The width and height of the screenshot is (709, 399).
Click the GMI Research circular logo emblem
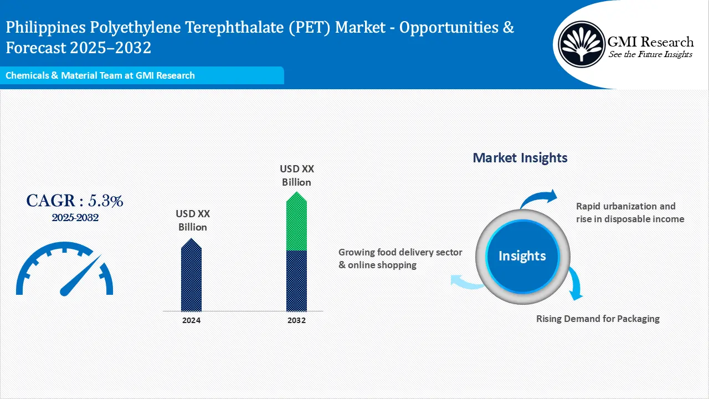click(581, 44)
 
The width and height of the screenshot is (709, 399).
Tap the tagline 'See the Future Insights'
click(650, 54)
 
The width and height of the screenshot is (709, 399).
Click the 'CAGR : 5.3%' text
click(75, 201)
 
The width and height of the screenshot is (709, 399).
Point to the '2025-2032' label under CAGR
click(75, 218)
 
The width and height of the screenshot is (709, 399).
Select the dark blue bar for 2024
click(191, 277)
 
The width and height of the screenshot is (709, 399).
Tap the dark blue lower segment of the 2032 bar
click(296, 280)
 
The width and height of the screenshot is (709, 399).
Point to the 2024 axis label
click(191, 320)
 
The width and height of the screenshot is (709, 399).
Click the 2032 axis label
click(296, 320)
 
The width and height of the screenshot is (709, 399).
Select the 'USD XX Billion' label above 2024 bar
click(192, 220)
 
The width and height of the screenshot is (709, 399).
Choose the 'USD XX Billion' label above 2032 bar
click(296, 175)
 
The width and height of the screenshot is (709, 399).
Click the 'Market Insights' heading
click(520, 158)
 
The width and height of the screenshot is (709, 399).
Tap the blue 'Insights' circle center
click(522, 255)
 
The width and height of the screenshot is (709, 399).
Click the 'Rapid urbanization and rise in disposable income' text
click(630, 212)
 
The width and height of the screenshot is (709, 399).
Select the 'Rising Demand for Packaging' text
click(598, 319)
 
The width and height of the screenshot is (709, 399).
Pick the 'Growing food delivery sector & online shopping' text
click(400, 258)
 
